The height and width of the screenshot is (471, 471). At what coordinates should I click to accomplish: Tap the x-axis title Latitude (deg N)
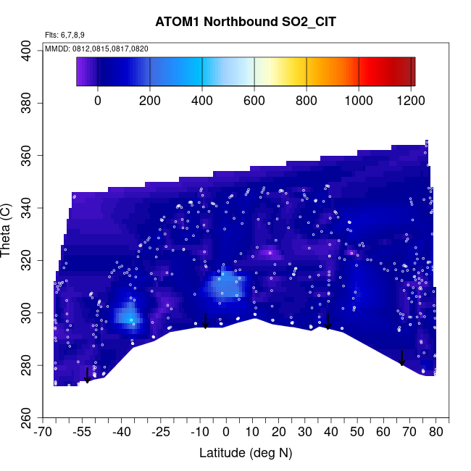246,453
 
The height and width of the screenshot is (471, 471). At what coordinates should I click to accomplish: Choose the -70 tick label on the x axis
45,433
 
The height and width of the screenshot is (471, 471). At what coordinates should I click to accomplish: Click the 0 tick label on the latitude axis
226,433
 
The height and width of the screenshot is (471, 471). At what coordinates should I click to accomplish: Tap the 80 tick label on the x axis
436,433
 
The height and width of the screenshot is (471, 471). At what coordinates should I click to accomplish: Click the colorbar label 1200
410,101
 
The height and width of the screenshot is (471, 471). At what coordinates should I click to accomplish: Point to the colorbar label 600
254,101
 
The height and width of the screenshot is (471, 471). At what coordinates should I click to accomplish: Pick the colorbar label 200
150,101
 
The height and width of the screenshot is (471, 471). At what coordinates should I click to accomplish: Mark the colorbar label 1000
359,101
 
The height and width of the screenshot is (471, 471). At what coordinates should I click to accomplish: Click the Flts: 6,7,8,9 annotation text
64,35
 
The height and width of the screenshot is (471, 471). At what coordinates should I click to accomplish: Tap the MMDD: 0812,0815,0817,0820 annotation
96,48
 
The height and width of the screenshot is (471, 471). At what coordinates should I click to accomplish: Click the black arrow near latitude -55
87,375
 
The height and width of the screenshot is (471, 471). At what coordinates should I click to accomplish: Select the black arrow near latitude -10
205,321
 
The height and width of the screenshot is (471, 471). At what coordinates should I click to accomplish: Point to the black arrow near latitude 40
328,322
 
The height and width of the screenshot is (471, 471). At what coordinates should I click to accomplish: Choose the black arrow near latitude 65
402,358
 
